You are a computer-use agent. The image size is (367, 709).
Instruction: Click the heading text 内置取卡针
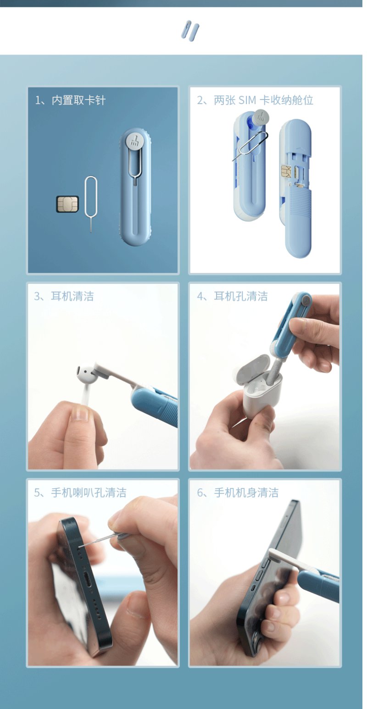pyautogui.click(x=78, y=100)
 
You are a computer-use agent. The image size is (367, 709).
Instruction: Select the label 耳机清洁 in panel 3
pyautogui.click(x=72, y=296)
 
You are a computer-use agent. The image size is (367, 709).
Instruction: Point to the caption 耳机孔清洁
pyautogui.click(x=241, y=296)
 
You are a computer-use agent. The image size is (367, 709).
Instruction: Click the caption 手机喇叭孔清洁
pyautogui.click(x=89, y=493)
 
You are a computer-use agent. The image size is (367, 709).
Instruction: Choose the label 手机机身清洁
pyautogui.click(x=246, y=493)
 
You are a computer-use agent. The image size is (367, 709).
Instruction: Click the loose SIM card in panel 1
pyautogui.click(x=67, y=204)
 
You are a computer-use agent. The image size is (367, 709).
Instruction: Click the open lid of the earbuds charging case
pyautogui.click(x=254, y=369)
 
